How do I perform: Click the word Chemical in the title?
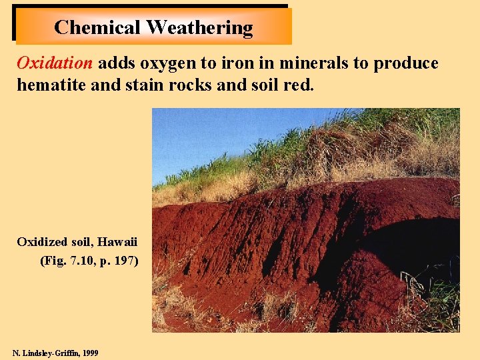tap(97, 27)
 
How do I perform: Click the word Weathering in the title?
tap(199, 27)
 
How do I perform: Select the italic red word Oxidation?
tap(55, 63)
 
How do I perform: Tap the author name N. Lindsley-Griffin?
tap(43, 353)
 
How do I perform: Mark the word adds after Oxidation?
tap(114, 63)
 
